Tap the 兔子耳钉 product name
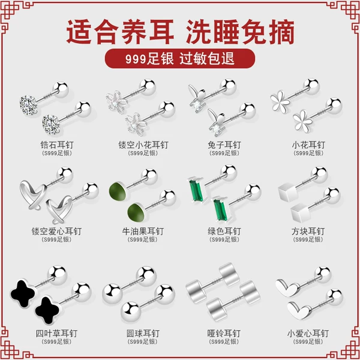(224, 145)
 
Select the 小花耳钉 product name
(308, 145)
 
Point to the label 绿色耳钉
(224, 231)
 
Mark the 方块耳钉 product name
(308, 231)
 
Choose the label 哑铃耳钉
(224, 333)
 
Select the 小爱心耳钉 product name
(308, 333)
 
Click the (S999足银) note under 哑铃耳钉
(224, 343)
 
